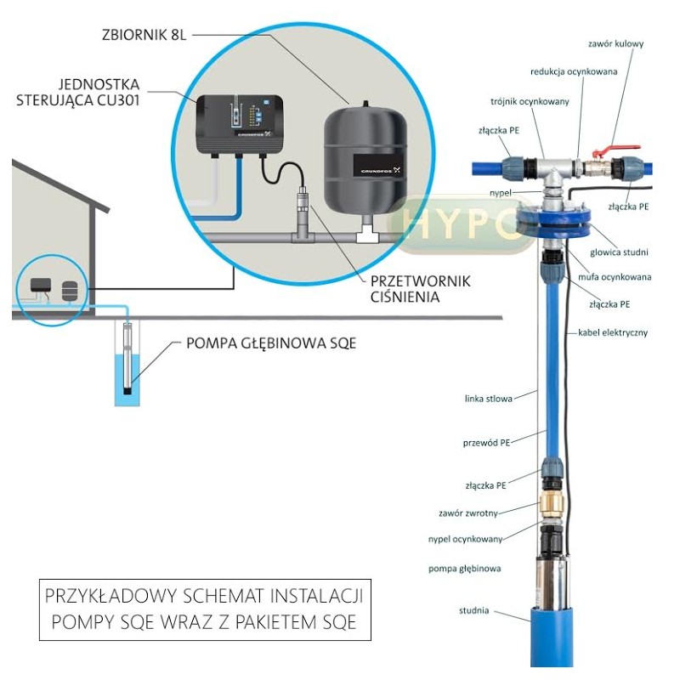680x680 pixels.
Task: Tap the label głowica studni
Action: [622, 252]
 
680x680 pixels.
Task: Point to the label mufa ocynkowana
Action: [621, 277]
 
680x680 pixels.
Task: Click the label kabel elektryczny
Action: [612, 332]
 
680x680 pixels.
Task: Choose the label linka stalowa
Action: [489, 397]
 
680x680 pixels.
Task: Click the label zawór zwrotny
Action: [468, 513]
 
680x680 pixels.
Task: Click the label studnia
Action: [473, 610]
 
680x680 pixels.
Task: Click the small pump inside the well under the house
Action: [127, 357]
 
